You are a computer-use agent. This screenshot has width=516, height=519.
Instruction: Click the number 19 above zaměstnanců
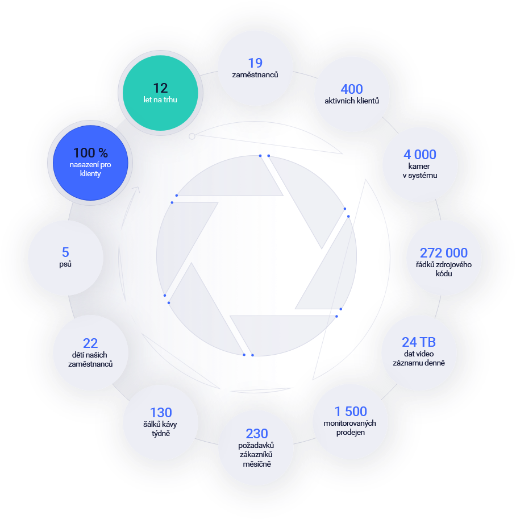pos(255,63)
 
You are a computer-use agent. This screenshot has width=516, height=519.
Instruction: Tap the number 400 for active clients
pos(351,89)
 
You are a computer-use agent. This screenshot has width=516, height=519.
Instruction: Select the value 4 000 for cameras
pos(420,155)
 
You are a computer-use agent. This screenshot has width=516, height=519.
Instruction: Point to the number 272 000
pos(444,253)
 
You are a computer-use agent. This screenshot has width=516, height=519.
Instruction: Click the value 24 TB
pos(418,342)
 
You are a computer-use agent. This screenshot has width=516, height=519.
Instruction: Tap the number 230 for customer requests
pos(257,434)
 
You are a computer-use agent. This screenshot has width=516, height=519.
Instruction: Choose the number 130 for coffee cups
pos(161,413)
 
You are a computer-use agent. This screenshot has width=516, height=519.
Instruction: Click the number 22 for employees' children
pos(90,343)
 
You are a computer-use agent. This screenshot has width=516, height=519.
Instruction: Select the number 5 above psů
pos(65,252)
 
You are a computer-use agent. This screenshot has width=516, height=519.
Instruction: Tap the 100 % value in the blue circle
pos(90,153)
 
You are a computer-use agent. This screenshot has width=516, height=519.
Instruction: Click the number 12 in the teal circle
pos(160,88)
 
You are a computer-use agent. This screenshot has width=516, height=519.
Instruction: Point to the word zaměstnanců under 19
pos(255,75)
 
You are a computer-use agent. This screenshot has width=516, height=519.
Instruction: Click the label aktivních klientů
pos(351,101)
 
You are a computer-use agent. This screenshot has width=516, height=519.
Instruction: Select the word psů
pos(65,264)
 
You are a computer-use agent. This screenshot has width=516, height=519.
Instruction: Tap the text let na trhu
pos(160,100)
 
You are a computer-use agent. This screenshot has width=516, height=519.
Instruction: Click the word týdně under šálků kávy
pos(161,434)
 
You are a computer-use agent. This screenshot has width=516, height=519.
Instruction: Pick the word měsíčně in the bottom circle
pos(257,464)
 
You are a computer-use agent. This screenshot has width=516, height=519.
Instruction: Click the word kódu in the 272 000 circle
pos(444,274)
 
